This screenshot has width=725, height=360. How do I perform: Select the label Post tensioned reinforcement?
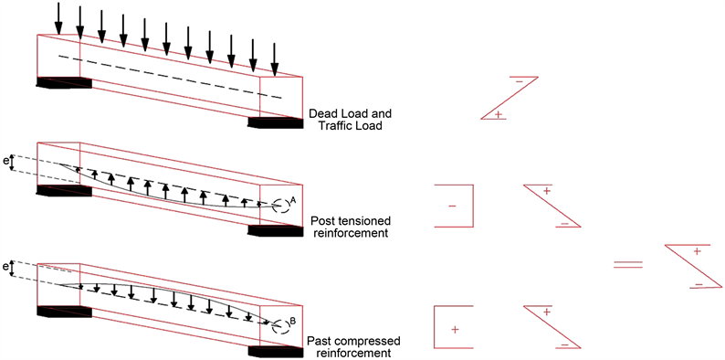350,227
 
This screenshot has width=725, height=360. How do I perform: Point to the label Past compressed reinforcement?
353,347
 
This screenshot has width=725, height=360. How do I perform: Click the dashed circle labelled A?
280,206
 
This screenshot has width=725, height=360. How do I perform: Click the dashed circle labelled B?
280,326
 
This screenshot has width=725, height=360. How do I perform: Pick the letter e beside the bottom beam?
5,268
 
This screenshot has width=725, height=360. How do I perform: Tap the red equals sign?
628,265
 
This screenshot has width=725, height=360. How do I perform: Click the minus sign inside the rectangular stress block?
452,206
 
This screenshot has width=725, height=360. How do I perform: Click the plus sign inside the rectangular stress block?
455,330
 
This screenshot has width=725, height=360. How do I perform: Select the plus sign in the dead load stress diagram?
498,114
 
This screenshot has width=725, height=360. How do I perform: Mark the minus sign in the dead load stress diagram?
519,82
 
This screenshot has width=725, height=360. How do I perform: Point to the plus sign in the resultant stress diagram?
698,250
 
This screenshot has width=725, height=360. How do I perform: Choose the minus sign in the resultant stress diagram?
699,284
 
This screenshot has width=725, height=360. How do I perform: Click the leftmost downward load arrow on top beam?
58,18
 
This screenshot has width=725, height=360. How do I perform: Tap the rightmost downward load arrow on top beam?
275,59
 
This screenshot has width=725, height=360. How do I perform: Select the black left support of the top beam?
64,82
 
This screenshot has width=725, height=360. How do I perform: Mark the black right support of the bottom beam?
276,351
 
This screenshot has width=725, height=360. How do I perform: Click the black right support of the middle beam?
276,230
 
